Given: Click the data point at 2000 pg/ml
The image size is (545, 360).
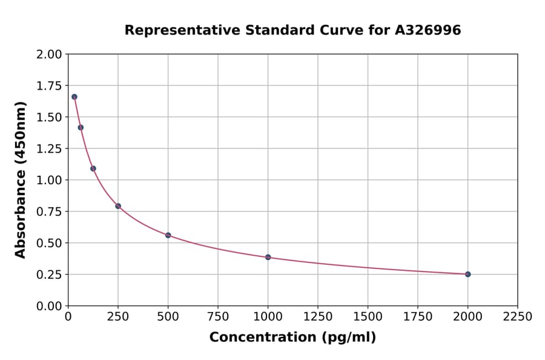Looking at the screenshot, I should pyautogui.click(x=467, y=274).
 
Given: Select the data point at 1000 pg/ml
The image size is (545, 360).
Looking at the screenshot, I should pyautogui.click(x=268, y=257).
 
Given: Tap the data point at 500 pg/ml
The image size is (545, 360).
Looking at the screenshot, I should pyautogui.click(x=168, y=235).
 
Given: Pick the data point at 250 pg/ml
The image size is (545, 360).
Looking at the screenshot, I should pyautogui.click(x=118, y=206).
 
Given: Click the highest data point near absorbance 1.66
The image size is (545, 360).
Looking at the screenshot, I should pyautogui.click(x=74, y=97).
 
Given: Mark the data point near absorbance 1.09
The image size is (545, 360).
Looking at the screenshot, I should pyautogui.click(x=93, y=168).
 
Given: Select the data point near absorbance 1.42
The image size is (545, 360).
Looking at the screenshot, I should pyautogui.click(x=81, y=127).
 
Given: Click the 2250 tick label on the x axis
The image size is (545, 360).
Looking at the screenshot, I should pyautogui.click(x=517, y=317).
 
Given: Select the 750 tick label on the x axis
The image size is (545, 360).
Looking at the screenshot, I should pyautogui.click(x=218, y=317).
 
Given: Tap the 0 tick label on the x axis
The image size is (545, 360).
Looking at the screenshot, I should pyautogui.click(x=68, y=317).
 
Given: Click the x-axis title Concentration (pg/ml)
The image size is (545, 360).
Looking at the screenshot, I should pyautogui.click(x=292, y=338).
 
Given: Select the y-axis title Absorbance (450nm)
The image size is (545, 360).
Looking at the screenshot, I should pyautogui.click(x=21, y=180).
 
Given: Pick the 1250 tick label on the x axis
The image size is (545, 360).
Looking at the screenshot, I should pyautogui.click(x=318, y=317).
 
